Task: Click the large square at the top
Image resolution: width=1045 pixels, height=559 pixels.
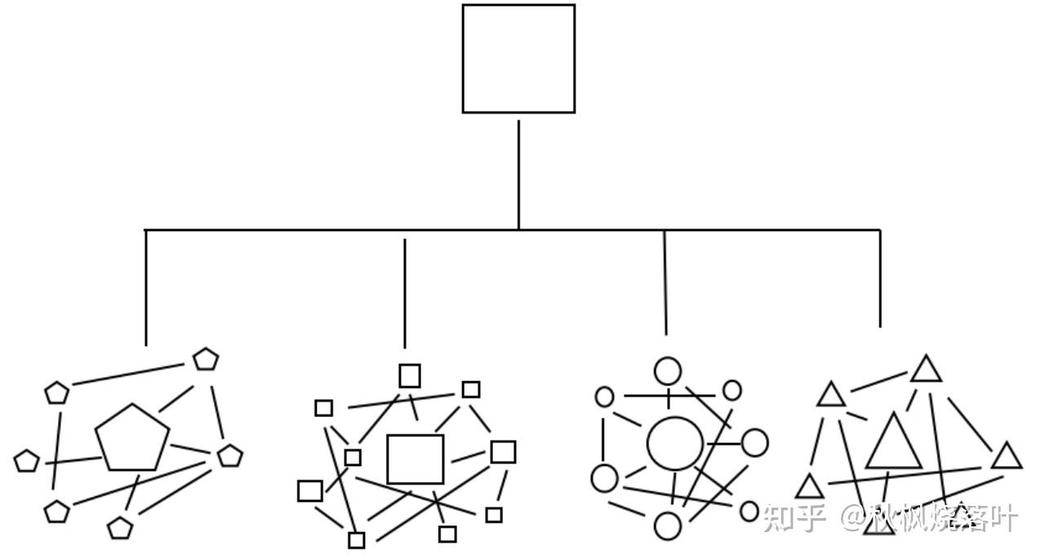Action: click(x=518, y=59)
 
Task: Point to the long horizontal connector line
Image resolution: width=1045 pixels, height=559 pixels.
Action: click(x=327, y=230)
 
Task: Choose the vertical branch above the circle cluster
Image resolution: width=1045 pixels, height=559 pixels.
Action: click(x=665, y=282)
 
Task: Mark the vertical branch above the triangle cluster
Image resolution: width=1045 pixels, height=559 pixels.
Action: click(x=880, y=277)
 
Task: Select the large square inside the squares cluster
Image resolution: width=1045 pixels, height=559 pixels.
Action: click(x=415, y=459)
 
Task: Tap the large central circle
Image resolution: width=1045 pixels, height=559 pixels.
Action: click(x=675, y=444)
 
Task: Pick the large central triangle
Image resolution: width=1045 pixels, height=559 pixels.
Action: click(x=893, y=444)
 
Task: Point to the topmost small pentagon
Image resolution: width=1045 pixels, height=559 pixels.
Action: click(x=206, y=359)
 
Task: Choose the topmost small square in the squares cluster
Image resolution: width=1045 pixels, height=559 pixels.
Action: click(x=410, y=375)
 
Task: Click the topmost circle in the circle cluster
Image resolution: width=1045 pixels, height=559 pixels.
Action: click(x=668, y=371)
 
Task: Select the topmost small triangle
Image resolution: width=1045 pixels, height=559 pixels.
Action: click(x=927, y=370)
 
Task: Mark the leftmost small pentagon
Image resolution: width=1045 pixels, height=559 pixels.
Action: click(x=26, y=461)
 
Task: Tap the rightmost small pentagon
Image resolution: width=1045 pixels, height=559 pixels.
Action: click(x=230, y=455)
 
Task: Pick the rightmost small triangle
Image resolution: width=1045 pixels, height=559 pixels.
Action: click(x=1007, y=457)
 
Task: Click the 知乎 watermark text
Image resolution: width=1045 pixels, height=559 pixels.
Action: click(x=794, y=517)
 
